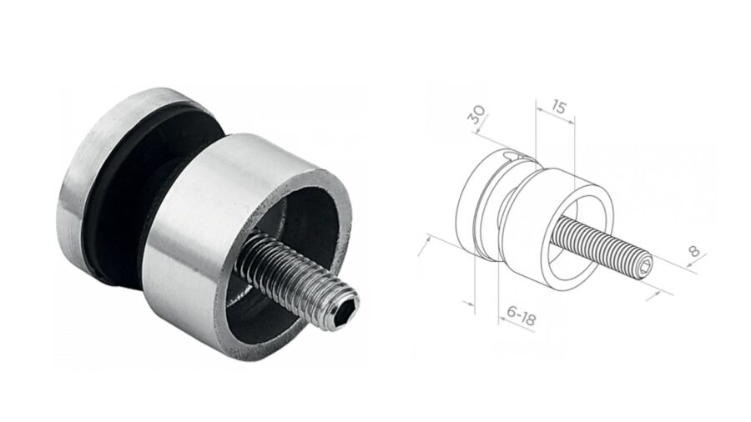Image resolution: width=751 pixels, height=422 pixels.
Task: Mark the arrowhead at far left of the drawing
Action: [x=428, y=239]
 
